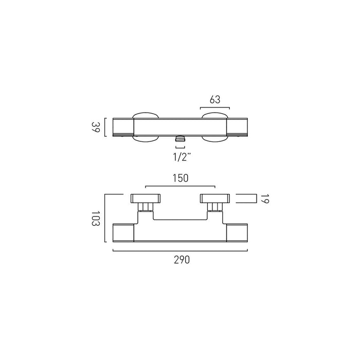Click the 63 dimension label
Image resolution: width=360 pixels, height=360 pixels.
[215, 99]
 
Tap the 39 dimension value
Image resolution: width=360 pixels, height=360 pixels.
[96, 127]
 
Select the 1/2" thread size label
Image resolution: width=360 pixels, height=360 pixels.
[182, 157]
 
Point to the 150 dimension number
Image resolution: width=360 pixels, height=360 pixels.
[181, 178]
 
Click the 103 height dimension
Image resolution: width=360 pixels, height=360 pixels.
[96, 219]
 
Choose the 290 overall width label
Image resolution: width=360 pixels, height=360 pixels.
[182, 260]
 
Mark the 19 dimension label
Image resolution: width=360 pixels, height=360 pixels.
[265, 199]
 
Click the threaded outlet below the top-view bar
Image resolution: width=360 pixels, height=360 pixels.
[180, 139]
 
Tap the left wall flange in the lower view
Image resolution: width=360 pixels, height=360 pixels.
[146, 199]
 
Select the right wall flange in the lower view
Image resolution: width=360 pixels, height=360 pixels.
[215, 199]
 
